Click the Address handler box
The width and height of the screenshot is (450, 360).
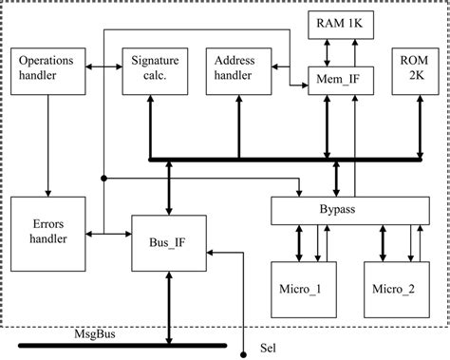[235, 69]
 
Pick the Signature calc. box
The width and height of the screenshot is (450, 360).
[150, 69]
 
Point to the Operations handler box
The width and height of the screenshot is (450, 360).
[47, 69]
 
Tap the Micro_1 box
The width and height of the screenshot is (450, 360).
[299, 288]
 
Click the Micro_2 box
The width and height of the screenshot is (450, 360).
[394, 288]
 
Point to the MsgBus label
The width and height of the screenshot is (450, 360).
[94, 333]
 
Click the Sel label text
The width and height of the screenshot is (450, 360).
[270, 348]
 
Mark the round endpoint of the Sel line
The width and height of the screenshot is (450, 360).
[246, 348]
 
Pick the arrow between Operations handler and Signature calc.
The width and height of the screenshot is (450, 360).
[103, 67]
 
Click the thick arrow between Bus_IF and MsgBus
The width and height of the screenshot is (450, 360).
[169, 304]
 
